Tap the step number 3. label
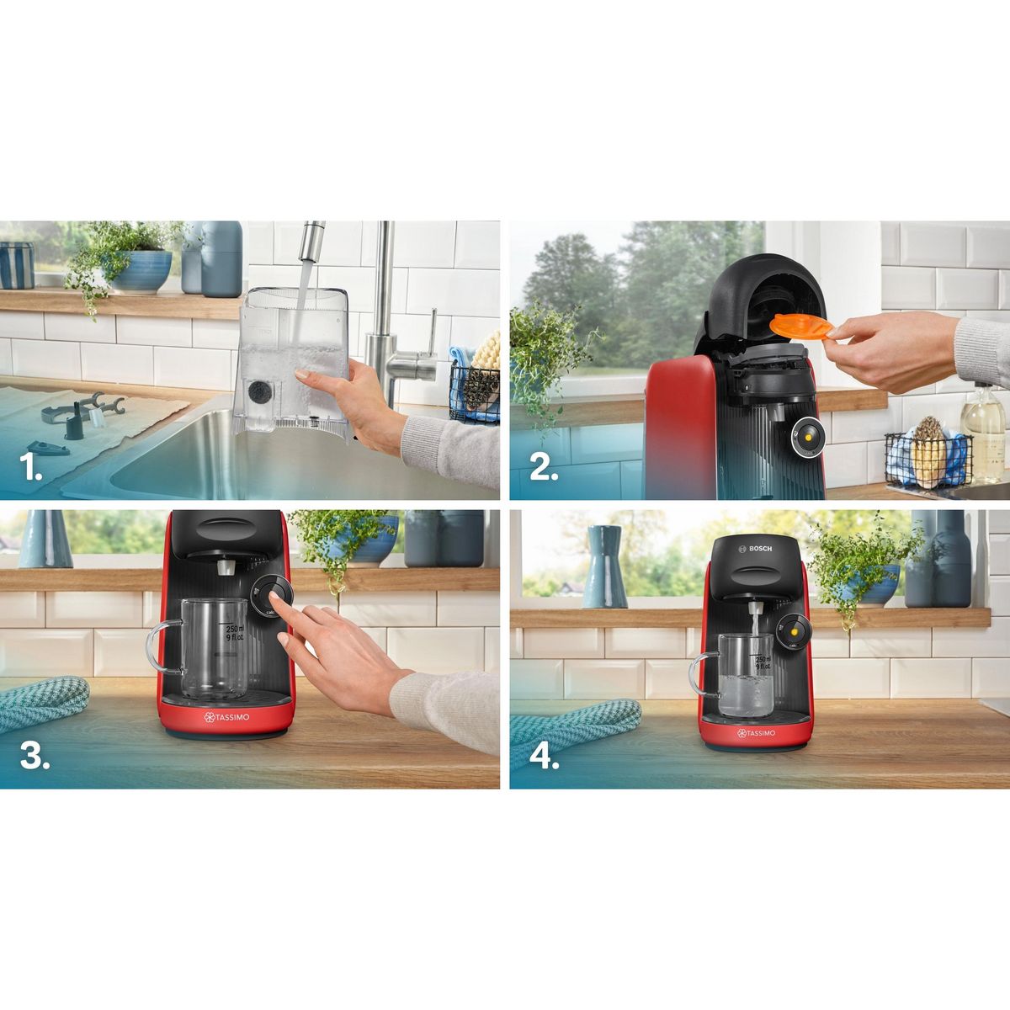click(x=35, y=756)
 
